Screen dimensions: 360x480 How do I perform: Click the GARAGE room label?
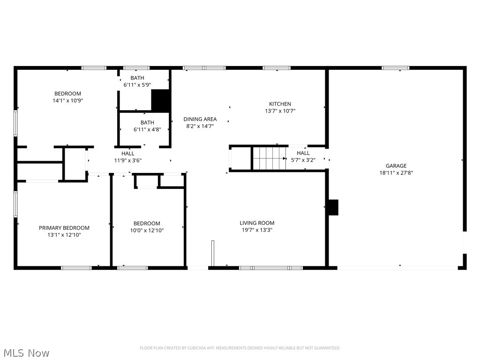396,165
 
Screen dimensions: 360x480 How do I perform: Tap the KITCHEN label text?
280,104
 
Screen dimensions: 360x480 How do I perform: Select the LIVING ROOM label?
257,223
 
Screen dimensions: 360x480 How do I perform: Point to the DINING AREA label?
200,119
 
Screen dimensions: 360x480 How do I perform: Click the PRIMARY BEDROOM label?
64,228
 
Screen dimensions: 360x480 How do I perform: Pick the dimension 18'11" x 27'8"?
396,172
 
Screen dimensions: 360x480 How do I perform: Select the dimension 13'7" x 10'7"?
280,111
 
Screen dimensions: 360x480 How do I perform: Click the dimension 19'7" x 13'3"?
257,230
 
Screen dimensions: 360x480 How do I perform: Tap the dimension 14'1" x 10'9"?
67,100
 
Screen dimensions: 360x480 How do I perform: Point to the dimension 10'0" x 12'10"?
147,230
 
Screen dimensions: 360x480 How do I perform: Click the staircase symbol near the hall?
269,158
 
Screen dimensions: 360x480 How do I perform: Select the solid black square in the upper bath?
160,100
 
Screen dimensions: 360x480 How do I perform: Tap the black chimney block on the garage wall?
333,207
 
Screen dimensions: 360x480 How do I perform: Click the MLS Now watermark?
25,352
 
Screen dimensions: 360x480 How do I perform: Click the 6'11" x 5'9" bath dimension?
137,85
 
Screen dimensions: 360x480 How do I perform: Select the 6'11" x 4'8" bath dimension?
147,129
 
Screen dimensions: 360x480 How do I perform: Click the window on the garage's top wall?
395,68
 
